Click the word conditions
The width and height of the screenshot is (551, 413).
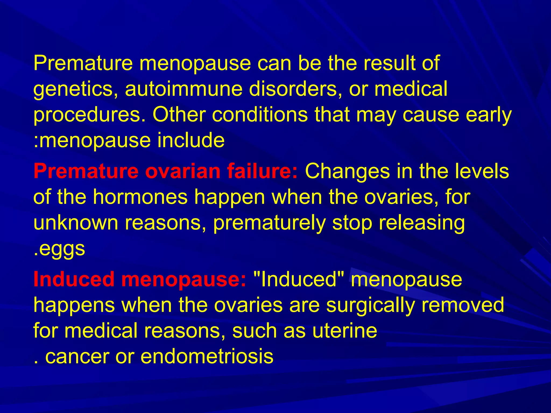pos(260,115)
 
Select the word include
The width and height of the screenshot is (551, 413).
pos(191,140)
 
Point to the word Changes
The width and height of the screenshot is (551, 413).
pos(347,172)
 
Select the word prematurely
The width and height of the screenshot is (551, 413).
pos(269,223)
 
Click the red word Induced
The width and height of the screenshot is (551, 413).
pos(74,279)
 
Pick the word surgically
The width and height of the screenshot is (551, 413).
pos(370,305)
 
